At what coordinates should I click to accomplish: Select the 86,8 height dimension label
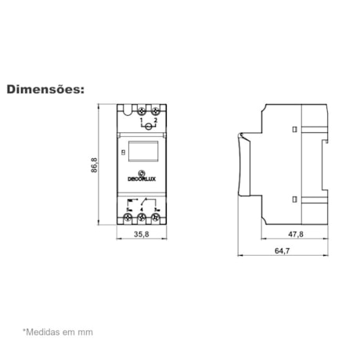pyautogui.click(x=95, y=167)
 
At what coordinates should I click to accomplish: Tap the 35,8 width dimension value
pyautogui.click(x=141, y=233)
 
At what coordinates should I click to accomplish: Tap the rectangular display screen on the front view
pyautogui.click(x=143, y=151)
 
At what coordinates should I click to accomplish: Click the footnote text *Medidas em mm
pyautogui.click(x=57, y=332)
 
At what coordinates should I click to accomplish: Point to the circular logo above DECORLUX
pyautogui.click(x=142, y=172)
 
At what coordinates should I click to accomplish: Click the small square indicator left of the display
pyautogui.click(x=124, y=149)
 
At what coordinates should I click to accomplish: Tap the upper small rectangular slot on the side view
pyautogui.click(x=293, y=127)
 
